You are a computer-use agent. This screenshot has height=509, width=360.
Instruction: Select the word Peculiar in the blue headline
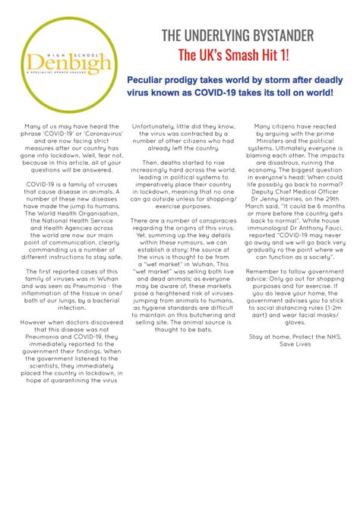click(150, 80)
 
